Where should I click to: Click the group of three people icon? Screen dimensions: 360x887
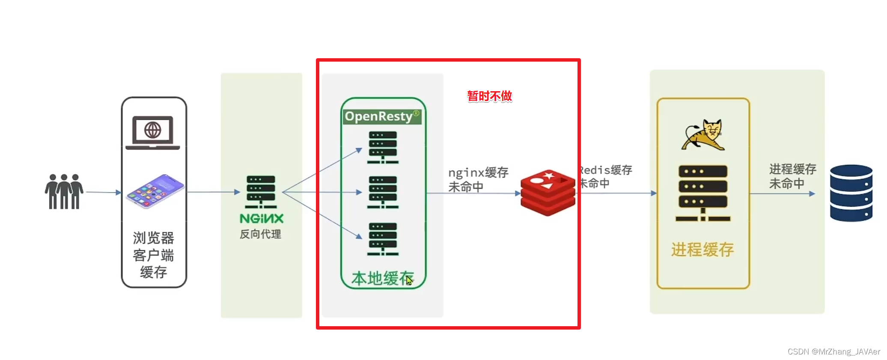pos(64,191)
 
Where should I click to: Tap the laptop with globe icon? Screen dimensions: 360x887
pos(152,132)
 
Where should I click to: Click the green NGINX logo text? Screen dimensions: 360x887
pos(261,219)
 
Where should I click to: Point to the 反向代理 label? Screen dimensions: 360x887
pos(260,234)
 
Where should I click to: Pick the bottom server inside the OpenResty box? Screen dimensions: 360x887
pos(383,239)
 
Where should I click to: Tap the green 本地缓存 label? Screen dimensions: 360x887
pos(382,278)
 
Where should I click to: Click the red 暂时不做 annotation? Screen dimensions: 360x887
pos(489,96)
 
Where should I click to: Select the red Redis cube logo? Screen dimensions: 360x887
pos(548,193)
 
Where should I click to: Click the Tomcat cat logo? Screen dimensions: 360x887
pos(703,135)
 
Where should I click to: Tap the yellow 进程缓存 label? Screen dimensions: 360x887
pos(702,250)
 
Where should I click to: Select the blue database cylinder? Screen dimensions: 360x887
pos(851,193)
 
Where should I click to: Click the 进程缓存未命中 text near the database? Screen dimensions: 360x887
pos(792,176)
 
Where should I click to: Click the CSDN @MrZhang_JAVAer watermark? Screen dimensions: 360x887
pos(833,351)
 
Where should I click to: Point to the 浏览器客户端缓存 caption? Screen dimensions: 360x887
pos(154,255)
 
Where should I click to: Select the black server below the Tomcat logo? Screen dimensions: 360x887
pos(703,193)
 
